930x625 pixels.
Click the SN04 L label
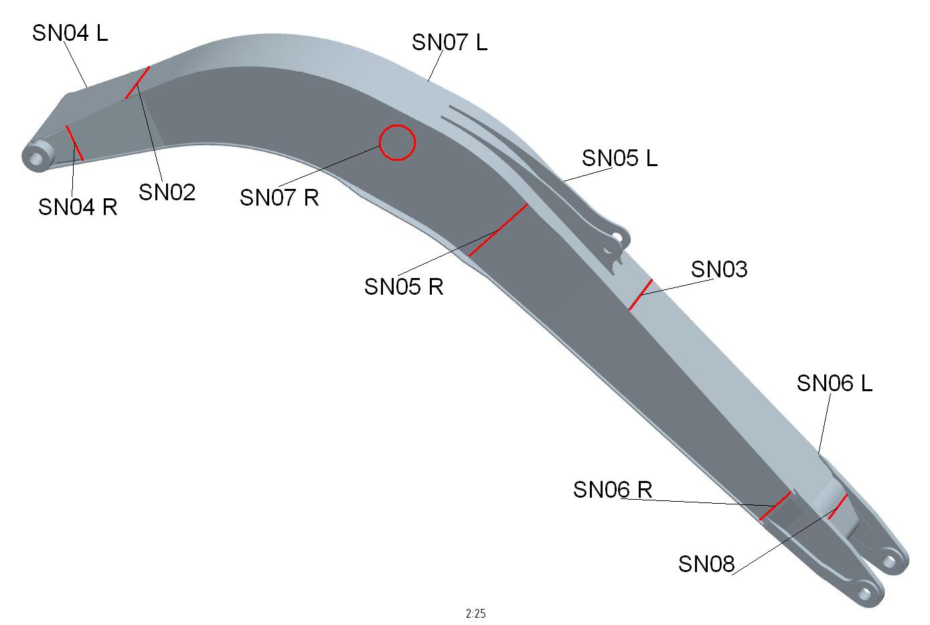pos(70,33)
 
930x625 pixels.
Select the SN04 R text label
pos(78,207)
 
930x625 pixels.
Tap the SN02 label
pos(167,192)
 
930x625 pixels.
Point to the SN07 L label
pos(449,42)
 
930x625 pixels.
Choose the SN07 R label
pos(279,197)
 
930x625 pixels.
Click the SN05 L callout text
pos(619,158)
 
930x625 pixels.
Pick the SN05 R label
pos(404,287)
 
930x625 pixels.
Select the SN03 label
pos(719,269)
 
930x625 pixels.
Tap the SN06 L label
pos(834,383)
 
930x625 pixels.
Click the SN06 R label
pos(613,490)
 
